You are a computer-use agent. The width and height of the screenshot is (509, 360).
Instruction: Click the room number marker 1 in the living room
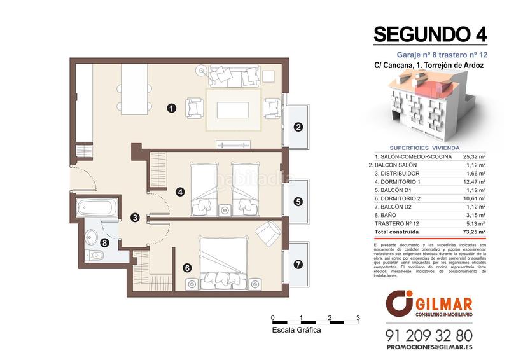point(171,108)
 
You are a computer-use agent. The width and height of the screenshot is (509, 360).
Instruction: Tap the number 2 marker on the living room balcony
point(298,127)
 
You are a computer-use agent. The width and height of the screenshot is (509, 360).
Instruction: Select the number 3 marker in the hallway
point(135,218)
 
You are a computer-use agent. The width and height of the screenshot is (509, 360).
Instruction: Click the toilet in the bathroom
point(94,256)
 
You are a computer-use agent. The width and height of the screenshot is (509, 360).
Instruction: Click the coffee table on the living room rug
point(232,110)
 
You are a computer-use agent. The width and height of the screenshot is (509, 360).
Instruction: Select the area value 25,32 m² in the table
point(474,156)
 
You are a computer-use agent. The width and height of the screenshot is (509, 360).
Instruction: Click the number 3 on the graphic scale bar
point(358,317)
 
